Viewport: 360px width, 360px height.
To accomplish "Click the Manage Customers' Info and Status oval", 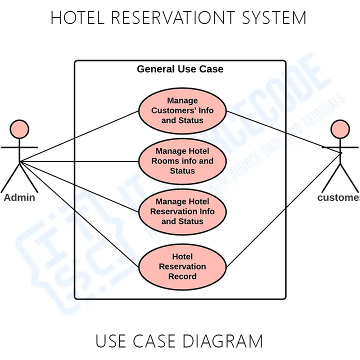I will coord(182,110).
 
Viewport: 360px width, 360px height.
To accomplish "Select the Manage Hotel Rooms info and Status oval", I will coord(182,161).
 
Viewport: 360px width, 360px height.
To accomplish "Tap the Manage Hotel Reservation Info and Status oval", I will coord(182,211).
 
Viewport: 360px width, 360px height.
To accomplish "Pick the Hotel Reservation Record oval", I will coord(182,266).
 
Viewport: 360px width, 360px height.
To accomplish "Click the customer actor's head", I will coord(340,129).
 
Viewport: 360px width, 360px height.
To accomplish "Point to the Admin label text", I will coord(19,197).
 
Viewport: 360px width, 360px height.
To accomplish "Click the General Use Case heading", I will coord(180,69).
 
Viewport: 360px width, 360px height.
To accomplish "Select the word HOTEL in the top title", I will coord(77,18).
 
